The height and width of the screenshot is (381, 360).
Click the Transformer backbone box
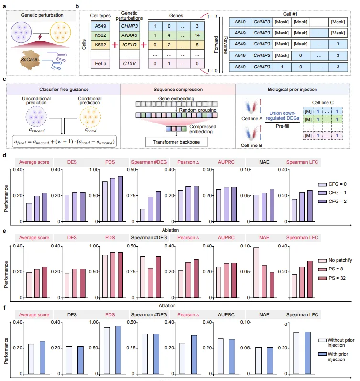pyautogui.click(x=174, y=142)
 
